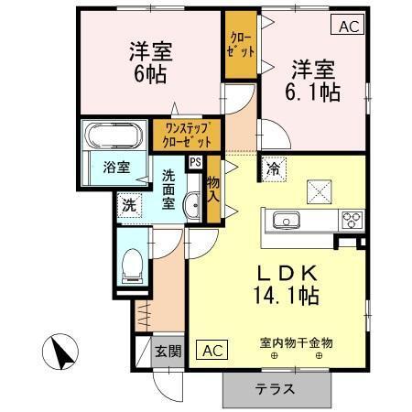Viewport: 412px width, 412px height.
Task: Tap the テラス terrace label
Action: [x=275, y=388]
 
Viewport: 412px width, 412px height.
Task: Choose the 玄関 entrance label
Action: [x=167, y=352]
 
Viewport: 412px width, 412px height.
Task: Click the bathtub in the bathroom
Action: [x=113, y=138]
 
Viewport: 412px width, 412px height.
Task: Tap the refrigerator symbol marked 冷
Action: [x=274, y=168]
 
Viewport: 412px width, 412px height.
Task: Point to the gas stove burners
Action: [x=351, y=220]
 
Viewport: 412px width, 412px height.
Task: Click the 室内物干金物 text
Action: [x=295, y=342]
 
